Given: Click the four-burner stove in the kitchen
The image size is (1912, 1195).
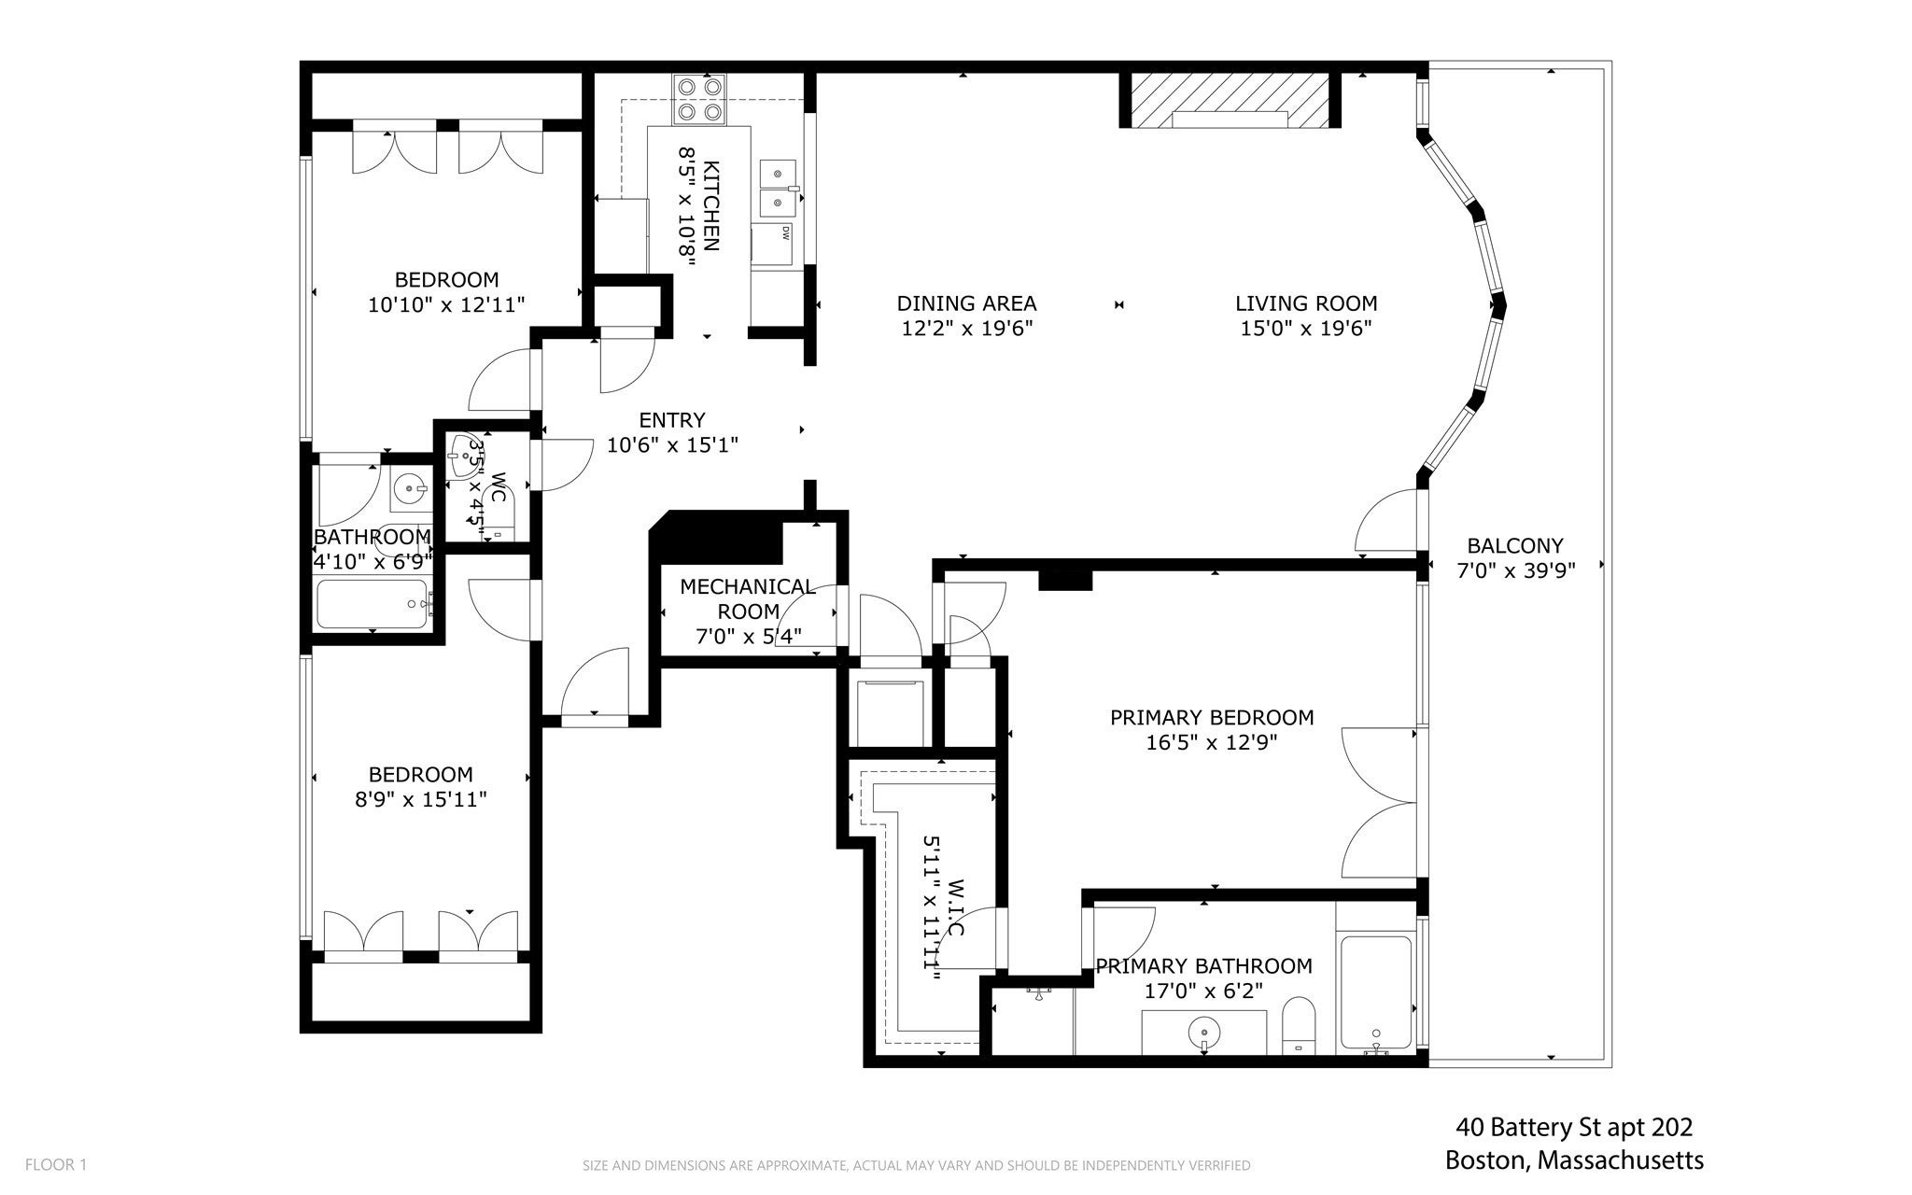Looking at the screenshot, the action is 700,99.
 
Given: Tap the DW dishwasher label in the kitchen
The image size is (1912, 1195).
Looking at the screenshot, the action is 786,232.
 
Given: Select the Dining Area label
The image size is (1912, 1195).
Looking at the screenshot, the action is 966,303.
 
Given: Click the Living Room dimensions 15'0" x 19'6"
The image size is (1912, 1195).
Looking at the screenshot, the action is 1306,329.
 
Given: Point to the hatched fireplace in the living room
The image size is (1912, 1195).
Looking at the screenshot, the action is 1230,99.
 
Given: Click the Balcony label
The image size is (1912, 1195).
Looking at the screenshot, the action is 1515,545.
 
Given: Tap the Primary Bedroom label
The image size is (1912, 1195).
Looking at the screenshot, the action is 1212,717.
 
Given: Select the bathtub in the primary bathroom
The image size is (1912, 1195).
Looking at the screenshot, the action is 1376,993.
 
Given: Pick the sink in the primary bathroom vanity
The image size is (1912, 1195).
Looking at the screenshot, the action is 1204,1033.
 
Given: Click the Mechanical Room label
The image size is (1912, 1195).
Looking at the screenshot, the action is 748,598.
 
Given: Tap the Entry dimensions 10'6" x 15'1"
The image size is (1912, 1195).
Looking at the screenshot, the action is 672,445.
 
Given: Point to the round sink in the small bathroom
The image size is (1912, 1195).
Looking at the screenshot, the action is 409,487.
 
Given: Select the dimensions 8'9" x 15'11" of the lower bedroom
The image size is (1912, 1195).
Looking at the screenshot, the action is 420,799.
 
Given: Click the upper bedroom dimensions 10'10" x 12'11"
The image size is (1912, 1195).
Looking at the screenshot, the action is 446,304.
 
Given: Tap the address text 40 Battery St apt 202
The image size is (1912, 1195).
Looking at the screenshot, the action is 1574,1128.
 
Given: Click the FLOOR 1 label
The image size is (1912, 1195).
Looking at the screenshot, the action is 56,1164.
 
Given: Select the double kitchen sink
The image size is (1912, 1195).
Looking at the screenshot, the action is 779,188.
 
